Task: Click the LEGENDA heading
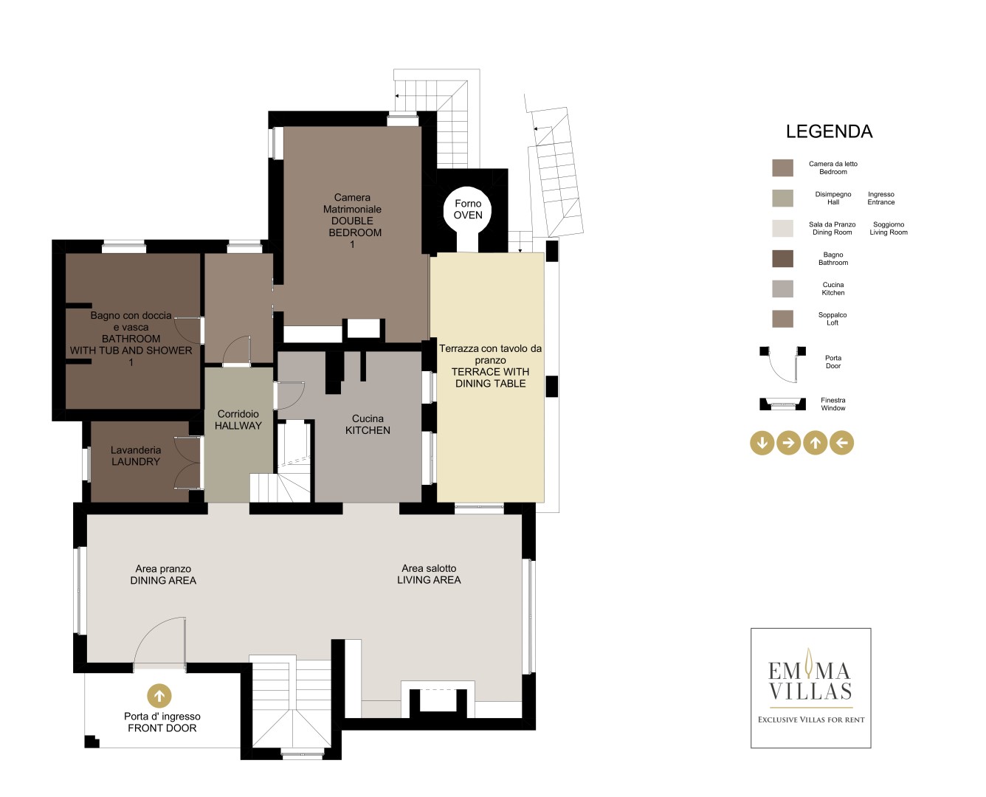[x=829, y=131]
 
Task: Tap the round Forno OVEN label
[x=468, y=209]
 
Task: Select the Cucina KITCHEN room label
[x=368, y=424]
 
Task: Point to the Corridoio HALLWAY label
[x=238, y=420]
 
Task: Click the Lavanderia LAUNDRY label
[x=136, y=455]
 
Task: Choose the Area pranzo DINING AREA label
[x=163, y=574]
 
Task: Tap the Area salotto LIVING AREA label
[x=429, y=574]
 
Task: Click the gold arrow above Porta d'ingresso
[x=159, y=695]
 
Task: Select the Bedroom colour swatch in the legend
[x=782, y=168]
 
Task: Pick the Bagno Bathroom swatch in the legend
[x=782, y=258]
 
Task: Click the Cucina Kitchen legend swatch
[x=782, y=289]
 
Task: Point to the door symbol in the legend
[x=782, y=365]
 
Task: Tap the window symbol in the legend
[x=782, y=404]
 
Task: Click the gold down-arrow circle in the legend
[x=762, y=443]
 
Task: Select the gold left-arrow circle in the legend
[x=841, y=443]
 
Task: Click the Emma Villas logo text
[x=810, y=680]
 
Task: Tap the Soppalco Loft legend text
[x=832, y=318]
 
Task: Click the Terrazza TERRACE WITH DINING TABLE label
[x=490, y=365]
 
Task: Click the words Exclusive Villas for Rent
[x=811, y=720]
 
